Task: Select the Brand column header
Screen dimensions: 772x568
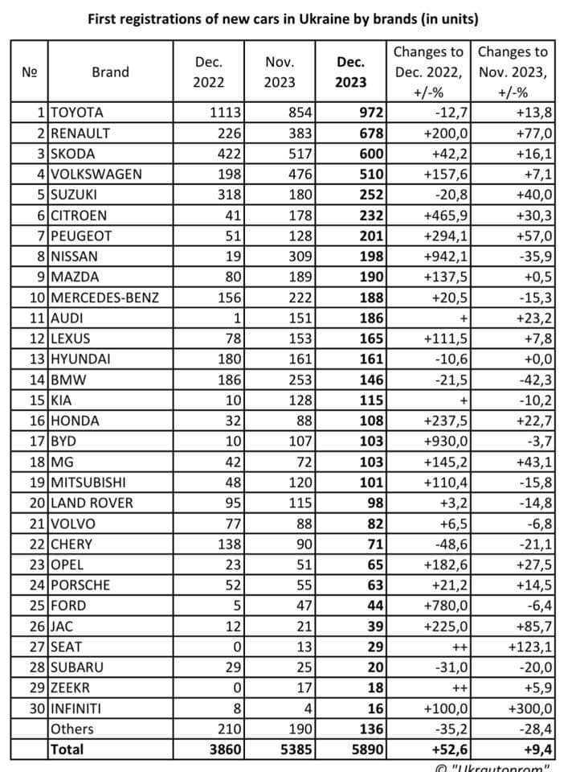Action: tap(110, 72)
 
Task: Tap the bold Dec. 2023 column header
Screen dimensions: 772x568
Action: tap(351, 72)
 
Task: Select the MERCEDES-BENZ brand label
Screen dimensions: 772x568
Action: tap(104, 298)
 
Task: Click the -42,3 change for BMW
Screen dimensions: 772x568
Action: tap(534, 380)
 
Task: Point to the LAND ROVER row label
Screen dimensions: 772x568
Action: tap(91, 503)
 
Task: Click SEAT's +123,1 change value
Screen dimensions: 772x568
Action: tap(530, 647)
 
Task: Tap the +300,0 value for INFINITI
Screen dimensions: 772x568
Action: tap(530, 708)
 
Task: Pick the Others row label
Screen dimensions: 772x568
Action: tap(72, 729)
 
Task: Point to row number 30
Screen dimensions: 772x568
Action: tap(36, 708)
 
